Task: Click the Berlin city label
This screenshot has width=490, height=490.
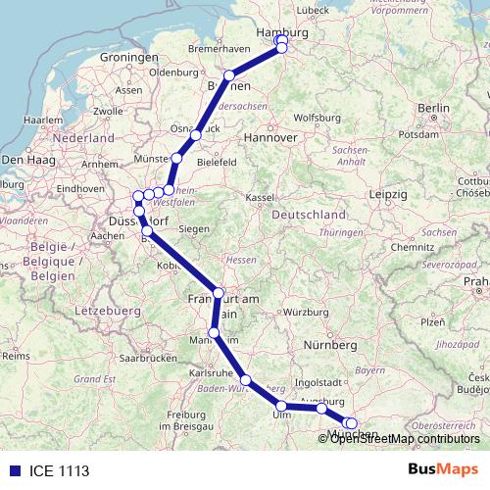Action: (432, 108)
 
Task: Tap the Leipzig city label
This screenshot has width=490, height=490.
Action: (388, 193)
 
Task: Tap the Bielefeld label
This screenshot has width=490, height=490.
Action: (218, 160)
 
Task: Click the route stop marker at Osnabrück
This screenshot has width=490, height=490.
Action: (196, 135)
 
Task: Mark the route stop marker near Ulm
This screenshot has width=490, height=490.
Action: (281, 406)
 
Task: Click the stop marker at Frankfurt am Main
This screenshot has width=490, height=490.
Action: (219, 292)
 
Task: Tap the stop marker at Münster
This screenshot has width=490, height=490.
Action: (177, 158)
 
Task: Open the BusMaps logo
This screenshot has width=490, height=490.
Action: (443, 469)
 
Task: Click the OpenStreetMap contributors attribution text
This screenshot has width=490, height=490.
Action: (405, 438)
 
